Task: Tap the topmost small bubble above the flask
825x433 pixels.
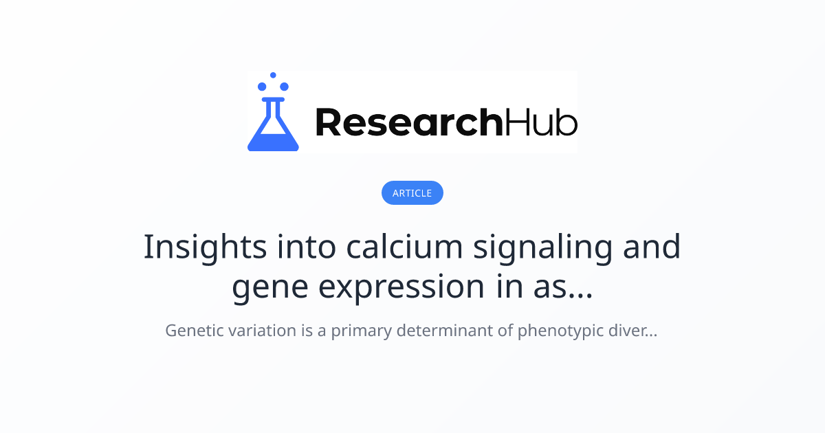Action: [273, 75]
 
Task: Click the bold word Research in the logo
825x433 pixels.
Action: [409, 122]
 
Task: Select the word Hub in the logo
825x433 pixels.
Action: [540, 122]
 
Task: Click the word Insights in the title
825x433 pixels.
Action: [205, 248]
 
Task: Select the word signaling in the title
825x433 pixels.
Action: [542, 248]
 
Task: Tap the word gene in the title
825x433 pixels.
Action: [270, 288]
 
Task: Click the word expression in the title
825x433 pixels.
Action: [401, 288]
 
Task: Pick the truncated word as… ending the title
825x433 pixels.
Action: [563, 288]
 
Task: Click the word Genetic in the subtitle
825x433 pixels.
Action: [195, 331]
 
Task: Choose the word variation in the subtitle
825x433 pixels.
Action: [262, 331]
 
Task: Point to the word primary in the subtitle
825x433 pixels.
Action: [362, 331]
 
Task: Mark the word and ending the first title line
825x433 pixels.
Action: [652, 246]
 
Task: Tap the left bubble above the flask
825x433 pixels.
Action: [262, 87]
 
